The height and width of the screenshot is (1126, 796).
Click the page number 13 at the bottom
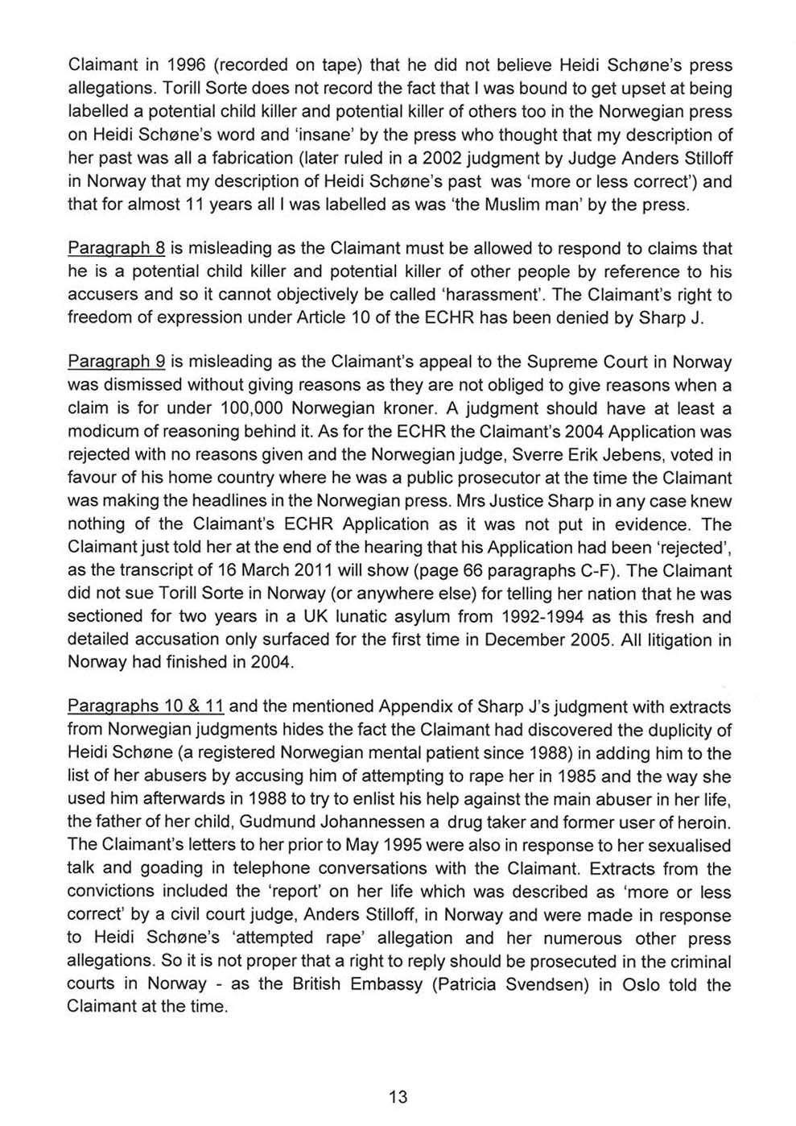398,1096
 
